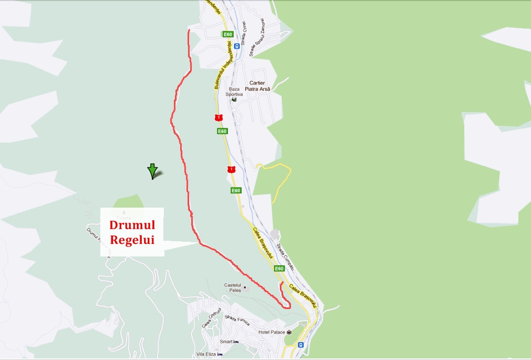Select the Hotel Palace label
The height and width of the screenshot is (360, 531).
[x=272, y=332]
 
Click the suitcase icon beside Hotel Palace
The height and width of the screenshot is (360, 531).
[x=289, y=332]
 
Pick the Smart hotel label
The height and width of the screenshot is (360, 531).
[x=226, y=342]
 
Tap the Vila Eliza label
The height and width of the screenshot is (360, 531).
[x=206, y=354]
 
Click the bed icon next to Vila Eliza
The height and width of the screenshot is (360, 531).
[x=220, y=354]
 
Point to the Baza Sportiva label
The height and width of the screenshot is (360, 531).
[x=234, y=92]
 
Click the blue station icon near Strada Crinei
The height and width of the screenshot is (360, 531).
[x=237, y=46]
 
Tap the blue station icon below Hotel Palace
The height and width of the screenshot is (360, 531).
[x=300, y=345]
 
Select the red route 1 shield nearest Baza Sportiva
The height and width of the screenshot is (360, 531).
[x=218, y=117]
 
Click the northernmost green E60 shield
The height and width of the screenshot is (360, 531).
[x=227, y=34]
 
